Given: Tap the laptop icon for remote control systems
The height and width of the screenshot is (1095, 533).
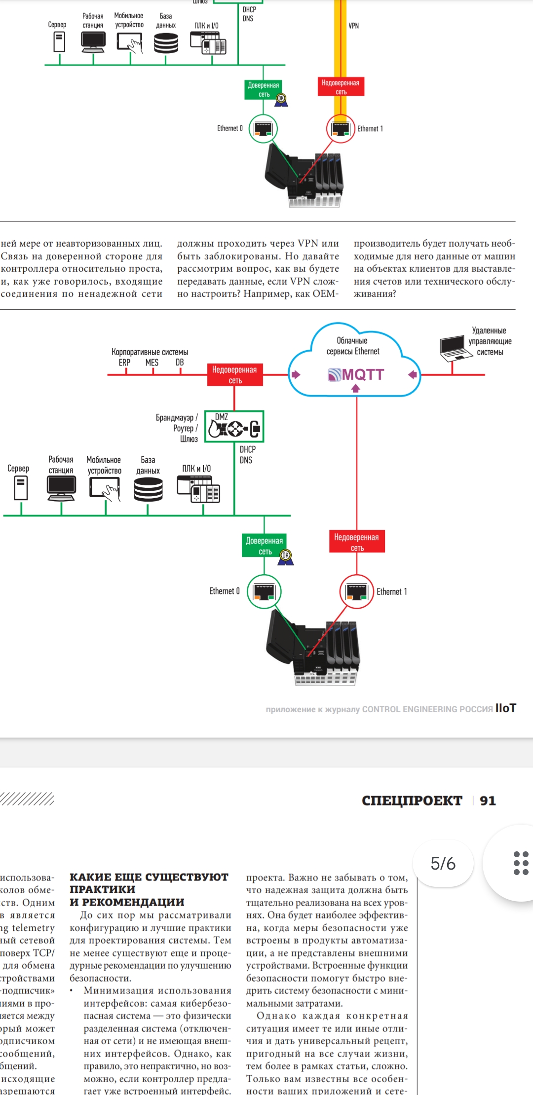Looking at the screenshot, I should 453,348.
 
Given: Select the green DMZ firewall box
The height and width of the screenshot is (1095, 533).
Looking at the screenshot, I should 234,427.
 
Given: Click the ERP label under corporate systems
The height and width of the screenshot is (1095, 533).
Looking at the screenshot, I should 124,363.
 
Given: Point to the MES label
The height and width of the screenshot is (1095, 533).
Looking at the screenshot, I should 152,363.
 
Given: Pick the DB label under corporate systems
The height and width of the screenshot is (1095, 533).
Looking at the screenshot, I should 180,363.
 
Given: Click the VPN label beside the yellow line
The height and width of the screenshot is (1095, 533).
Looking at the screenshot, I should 354,26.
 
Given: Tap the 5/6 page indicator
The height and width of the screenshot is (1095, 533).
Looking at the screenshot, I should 443,864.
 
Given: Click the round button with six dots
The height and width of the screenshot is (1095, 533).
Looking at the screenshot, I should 520,863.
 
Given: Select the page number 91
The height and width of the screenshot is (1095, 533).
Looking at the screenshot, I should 488,801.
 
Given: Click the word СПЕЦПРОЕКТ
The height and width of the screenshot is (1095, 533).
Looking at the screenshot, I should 412,801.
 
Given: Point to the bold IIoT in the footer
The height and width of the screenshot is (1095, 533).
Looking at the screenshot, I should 505,708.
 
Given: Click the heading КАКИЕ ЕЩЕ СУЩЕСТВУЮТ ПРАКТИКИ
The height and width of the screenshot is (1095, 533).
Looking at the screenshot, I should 149,889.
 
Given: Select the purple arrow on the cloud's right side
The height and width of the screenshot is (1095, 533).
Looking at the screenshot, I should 413,375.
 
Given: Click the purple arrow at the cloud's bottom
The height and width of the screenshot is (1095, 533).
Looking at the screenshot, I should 356,389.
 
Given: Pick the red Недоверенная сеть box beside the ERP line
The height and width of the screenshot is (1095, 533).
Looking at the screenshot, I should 234,375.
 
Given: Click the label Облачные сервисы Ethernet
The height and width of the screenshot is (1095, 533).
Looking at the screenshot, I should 353,346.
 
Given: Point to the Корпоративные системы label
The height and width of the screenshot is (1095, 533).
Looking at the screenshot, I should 150,352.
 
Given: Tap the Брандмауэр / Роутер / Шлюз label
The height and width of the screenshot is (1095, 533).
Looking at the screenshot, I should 177,428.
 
